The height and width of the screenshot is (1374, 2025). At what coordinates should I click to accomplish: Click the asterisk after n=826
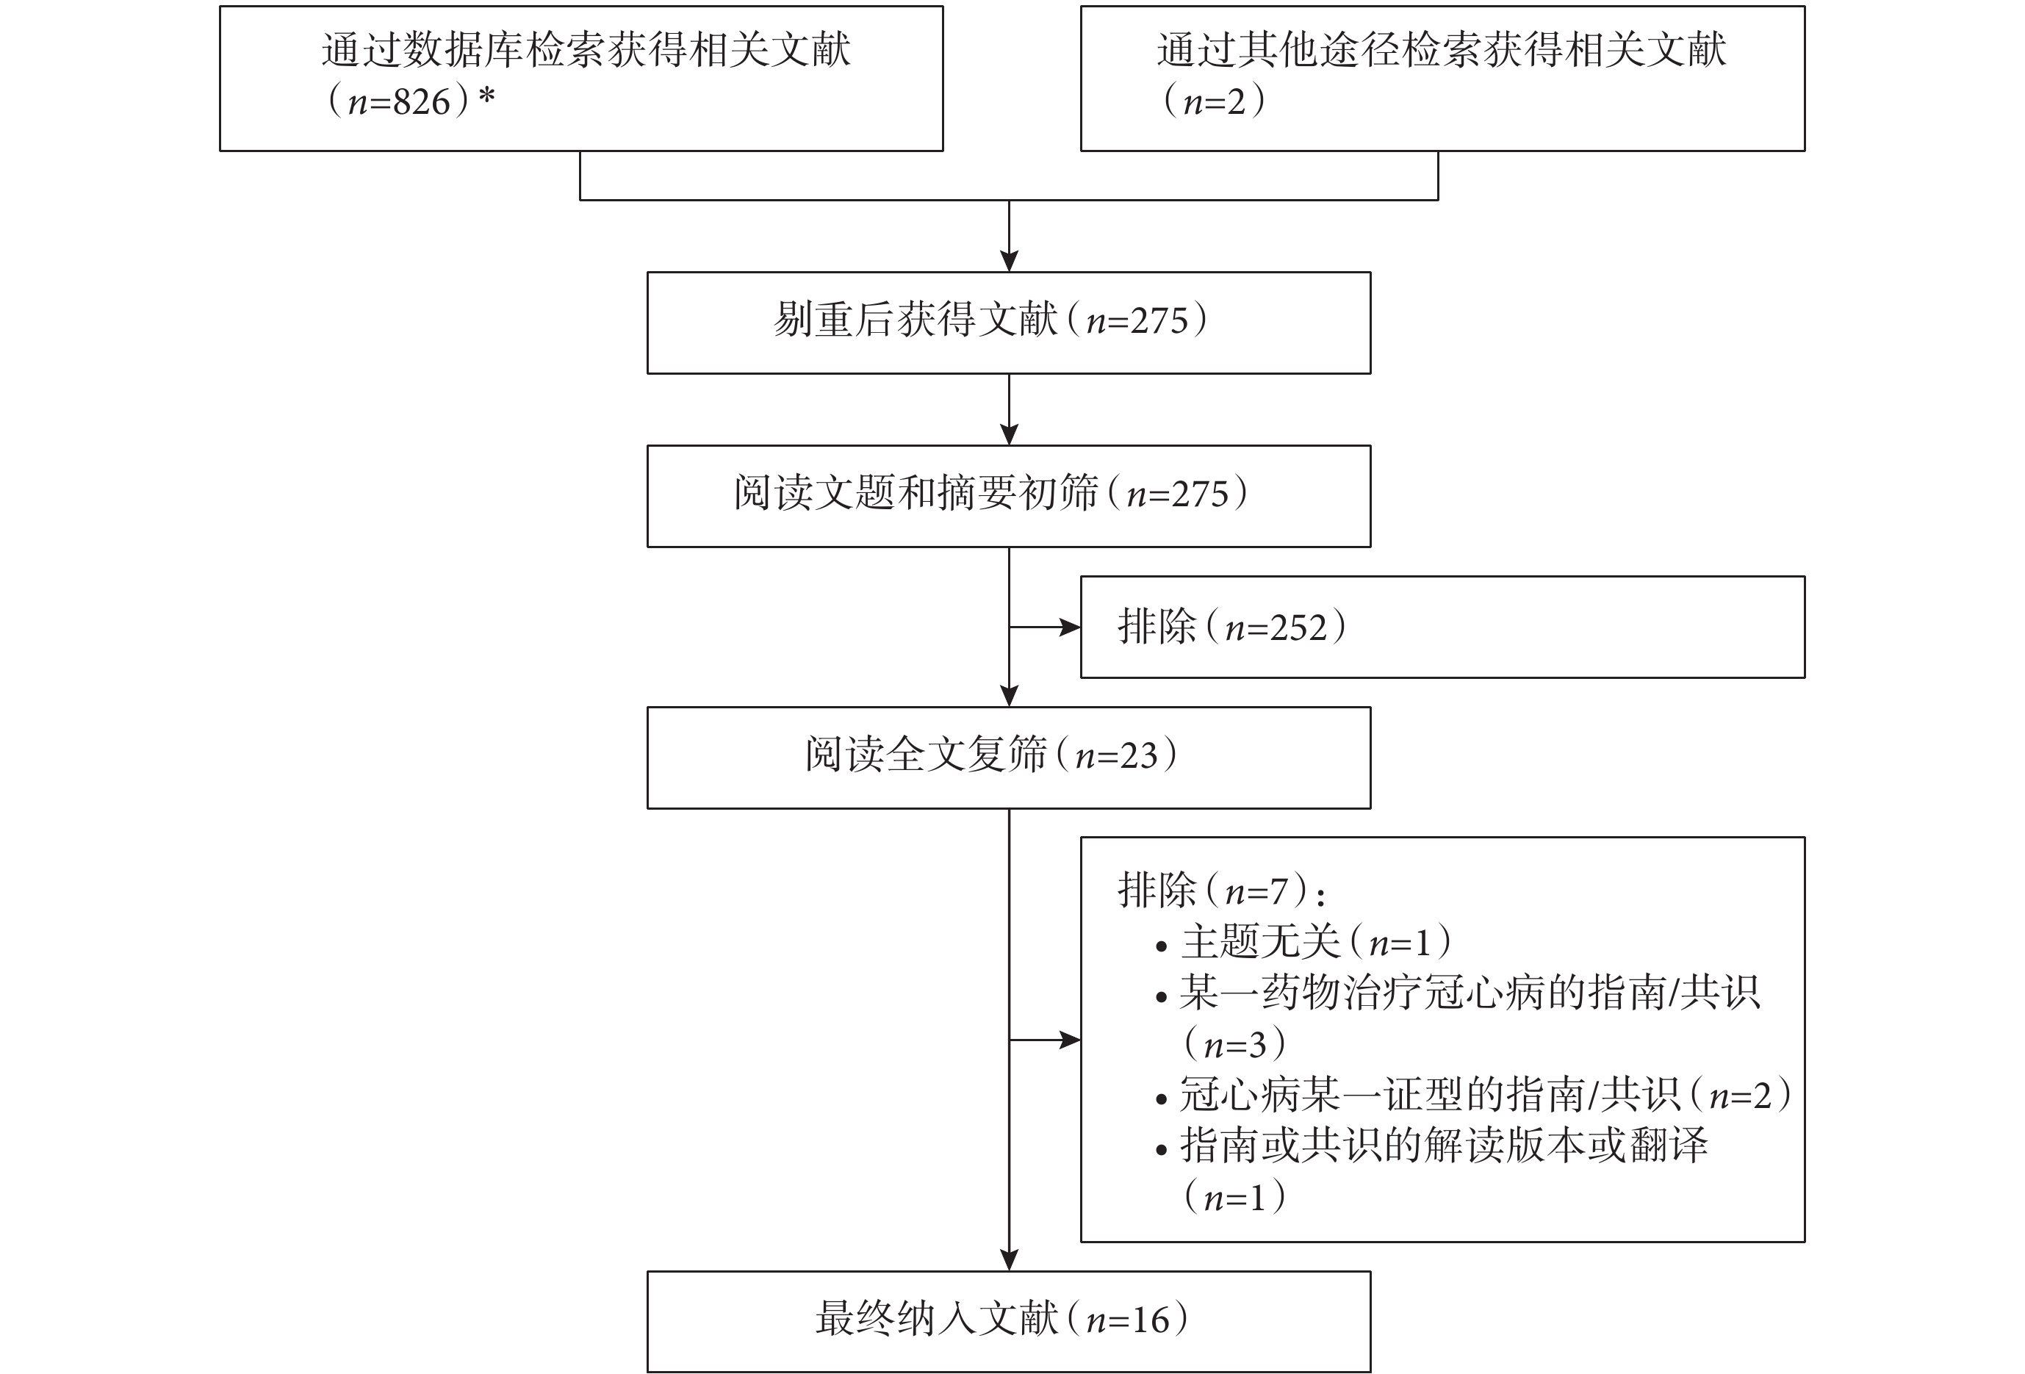tap(486, 96)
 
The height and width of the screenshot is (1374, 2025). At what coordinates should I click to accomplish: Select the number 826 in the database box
tap(422, 103)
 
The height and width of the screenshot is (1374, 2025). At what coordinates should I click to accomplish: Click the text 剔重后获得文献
tap(916, 320)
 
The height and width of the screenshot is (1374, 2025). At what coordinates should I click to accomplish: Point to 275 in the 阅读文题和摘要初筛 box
tap(1200, 494)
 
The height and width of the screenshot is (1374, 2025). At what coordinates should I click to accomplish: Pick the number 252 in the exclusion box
tap(1298, 627)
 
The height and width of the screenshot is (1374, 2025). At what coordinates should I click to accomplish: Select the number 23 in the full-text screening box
tap(1139, 756)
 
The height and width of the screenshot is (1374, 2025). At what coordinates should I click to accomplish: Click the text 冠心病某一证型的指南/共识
tap(1430, 1094)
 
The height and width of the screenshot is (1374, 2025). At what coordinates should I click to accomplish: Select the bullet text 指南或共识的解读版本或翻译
tap(1444, 1145)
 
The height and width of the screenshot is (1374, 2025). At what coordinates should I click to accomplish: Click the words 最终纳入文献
tap(937, 1319)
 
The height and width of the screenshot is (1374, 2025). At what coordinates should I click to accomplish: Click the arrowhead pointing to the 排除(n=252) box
tap(1070, 627)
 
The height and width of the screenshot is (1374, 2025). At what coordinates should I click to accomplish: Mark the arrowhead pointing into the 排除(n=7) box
tap(1070, 1040)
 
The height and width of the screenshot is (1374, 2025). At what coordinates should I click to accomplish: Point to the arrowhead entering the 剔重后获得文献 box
tap(1009, 262)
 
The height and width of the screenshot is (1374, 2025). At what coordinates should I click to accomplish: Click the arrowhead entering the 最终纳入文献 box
tap(1009, 1261)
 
